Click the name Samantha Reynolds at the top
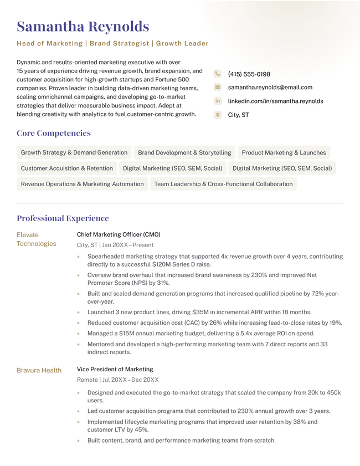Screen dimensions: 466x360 pos(83,27)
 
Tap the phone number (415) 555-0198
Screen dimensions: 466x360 pos(249,74)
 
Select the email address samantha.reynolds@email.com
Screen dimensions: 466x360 pos(270,88)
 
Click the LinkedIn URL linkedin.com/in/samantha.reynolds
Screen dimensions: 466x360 pos(275,101)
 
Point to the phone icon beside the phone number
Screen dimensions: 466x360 pos(218,74)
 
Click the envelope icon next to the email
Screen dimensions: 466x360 pos(218,88)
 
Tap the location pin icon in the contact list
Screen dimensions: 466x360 pos(218,115)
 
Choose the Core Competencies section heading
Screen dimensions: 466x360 pos(54,133)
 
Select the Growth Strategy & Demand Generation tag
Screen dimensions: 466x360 pos(74,152)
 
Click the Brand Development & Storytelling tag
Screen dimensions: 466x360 pos(184,152)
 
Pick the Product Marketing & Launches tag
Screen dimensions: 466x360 pos(284,152)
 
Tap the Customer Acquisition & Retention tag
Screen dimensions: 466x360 pos(66,168)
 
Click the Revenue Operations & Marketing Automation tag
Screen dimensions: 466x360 pos(82,184)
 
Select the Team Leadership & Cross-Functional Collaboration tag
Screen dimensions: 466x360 pos(223,184)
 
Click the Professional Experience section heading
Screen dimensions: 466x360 pos(63,218)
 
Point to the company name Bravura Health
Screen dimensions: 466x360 pos(39,370)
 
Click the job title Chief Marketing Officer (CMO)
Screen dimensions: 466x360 pos(119,234)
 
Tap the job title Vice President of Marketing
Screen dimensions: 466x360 pos(115,369)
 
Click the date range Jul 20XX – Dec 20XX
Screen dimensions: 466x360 pos(130,380)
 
